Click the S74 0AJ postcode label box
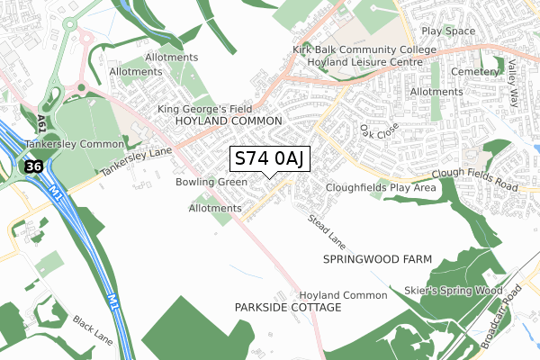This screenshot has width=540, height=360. (x=271, y=159)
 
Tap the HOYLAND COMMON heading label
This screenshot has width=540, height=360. (x=229, y=121)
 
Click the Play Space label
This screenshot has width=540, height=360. (x=447, y=31)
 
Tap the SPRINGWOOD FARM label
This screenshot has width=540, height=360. (x=377, y=259)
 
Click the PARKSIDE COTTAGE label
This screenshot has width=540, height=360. (x=288, y=308)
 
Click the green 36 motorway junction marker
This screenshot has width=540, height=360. (x=33, y=166)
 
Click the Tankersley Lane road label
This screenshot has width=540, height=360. (x=135, y=163)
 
